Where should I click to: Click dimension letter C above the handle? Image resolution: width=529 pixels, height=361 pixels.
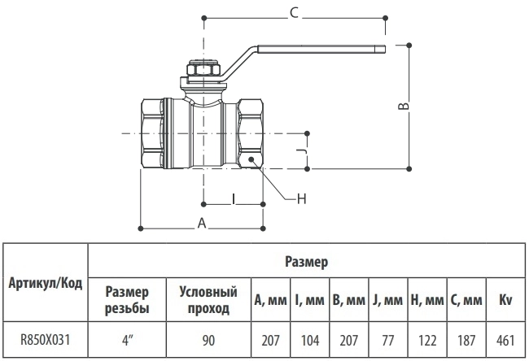point(294,13)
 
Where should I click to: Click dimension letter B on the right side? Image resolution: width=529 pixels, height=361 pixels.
point(404,106)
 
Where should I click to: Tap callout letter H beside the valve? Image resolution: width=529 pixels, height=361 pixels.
point(302,199)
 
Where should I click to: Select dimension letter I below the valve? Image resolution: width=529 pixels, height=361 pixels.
point(233,199)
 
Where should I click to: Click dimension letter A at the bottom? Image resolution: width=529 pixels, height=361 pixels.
point(202,223)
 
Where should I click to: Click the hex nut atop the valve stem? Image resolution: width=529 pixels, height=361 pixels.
point(203,69)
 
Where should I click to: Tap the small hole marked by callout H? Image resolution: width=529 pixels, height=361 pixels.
point(251,159)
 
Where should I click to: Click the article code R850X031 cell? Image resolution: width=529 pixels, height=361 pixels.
point(46,339)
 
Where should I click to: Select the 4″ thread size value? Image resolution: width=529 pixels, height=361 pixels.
point(126,340)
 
